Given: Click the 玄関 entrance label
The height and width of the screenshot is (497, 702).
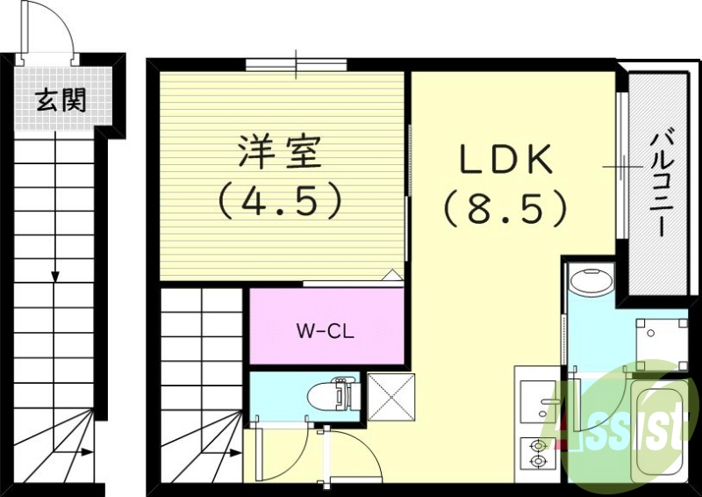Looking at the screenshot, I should click(61, 101).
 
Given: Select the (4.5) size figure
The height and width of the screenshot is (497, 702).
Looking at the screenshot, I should click(279, 202).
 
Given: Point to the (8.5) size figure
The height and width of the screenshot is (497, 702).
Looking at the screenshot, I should click(505, 208).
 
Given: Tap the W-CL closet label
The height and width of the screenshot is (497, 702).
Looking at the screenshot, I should click(325, 331).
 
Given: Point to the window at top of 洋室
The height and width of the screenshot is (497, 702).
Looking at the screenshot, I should click(296, 64).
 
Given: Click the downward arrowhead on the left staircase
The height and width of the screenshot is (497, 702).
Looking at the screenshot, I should click(55, 277).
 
